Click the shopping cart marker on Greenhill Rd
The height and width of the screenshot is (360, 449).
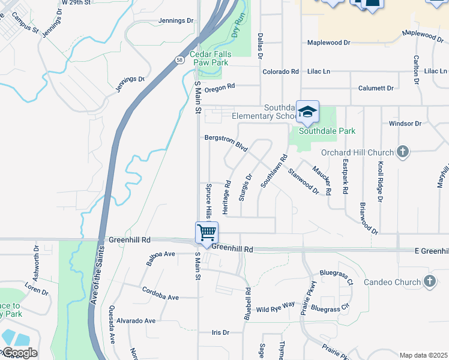pyautogui.click(x=206, y=232)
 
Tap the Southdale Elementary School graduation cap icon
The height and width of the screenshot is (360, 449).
pyautogui.click(x=307, y=112)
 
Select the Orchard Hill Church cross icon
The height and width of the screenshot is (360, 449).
pyautogui.click(x=402, y=152)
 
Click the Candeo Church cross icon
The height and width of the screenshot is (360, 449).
pyautogui.click(x=429, y=281)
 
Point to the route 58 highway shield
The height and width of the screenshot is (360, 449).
pyautogui.click(x=180, y=60)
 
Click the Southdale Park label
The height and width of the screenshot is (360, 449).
pyautogui.click(x=327, y=131)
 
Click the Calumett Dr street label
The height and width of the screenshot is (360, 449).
pyautogui.click(x=376, y=88)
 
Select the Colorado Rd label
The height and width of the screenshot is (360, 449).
pyautogui.click(x=280, y=71)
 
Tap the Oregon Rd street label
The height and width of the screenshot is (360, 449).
pyautogui.click(x=219, y=88)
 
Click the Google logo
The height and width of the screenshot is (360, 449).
pyautogui.click(x=19, y=353)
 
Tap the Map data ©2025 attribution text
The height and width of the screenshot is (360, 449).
pyautogui.click(x=423, y=355)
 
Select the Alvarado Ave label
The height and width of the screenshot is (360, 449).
pyautogui.click(x=136, y=321)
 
